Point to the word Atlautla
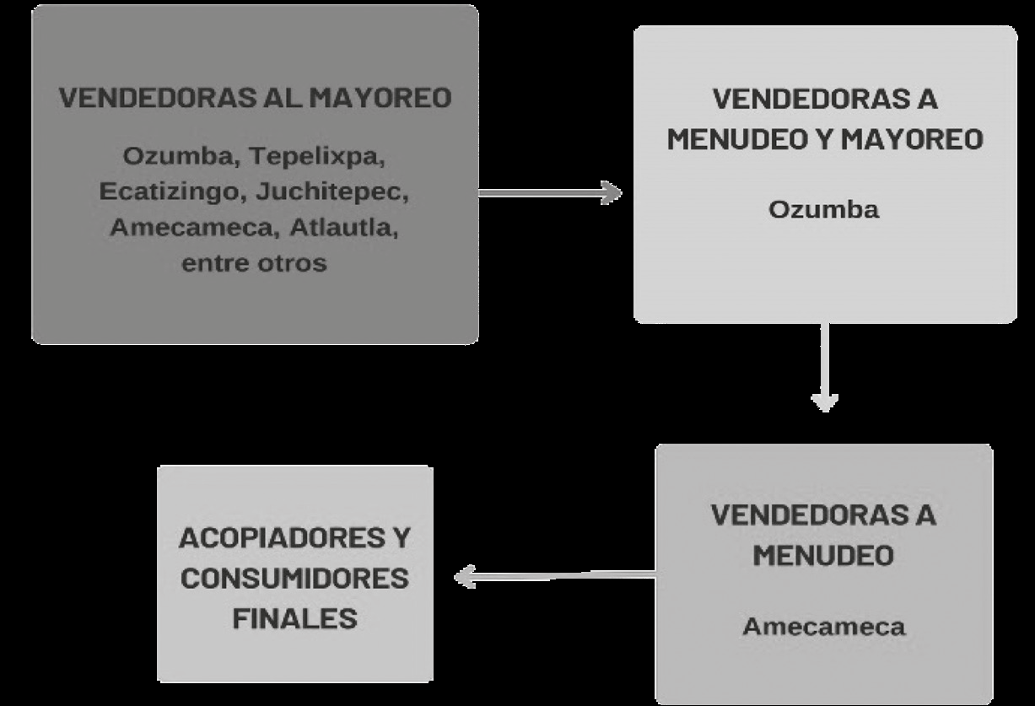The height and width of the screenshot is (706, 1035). click(341, 228)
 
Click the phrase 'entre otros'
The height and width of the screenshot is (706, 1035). click(254, 262)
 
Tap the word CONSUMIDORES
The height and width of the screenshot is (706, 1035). click(295, 579)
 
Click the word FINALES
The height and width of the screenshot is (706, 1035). click(295, 618)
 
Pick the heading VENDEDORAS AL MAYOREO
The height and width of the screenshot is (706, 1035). click(255, 98)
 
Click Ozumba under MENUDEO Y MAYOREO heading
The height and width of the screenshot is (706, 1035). click(823, 209)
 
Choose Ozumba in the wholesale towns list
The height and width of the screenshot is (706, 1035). click(173, 157)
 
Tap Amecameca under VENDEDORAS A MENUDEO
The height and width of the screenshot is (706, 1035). click(823, 627)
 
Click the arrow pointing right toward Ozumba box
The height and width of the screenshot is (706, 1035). click(549, 193)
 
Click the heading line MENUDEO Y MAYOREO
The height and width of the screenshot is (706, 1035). click(825, 139)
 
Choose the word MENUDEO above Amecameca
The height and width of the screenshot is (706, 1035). click(823, 556)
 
